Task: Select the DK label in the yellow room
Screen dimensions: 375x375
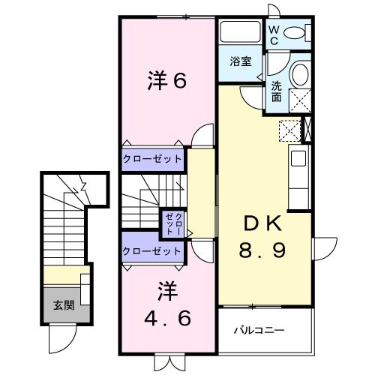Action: click(261, 223)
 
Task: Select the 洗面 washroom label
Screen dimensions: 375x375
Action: click(277, 91)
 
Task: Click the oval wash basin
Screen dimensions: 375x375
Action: click(299, 76)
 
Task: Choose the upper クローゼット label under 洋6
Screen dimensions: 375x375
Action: click(152, 159)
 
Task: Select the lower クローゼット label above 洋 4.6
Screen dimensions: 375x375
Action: click(152, 251)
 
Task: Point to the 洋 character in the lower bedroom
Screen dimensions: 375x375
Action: click(166, 289)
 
